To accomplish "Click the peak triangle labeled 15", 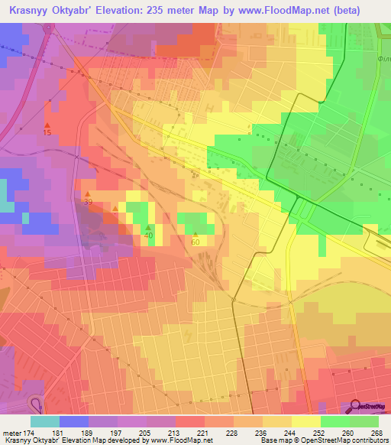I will click(47, 125).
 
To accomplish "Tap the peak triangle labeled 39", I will click(88, 193).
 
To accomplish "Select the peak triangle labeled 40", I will click(148, 227).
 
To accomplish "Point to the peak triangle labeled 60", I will click(195, 235).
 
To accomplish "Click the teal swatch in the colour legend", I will click(44, 421).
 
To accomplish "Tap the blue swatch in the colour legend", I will click(73, 421).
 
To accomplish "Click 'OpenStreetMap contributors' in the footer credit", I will click(344, 440).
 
